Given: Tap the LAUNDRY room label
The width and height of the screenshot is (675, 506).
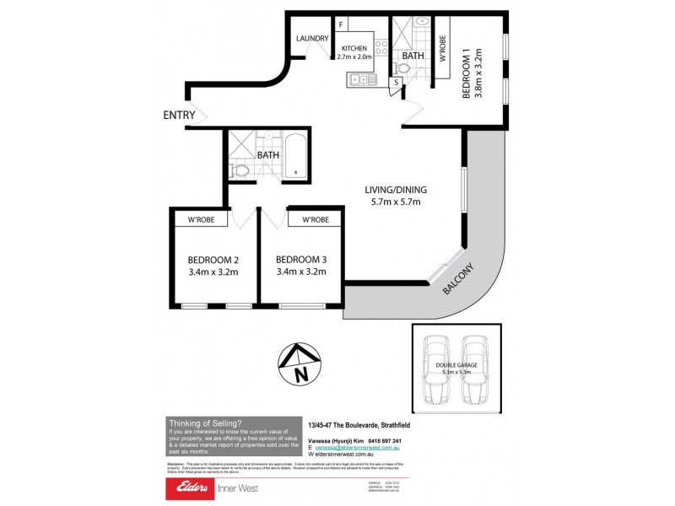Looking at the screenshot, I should click(311, 38).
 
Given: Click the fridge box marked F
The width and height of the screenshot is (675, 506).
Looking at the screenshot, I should click(341, 25).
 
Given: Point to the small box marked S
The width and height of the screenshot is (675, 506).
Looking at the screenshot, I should click(395, 83).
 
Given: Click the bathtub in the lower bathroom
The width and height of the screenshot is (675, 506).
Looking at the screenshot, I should click(294, 157).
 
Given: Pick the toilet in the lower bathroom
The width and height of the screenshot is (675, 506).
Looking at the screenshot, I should click(240, 171).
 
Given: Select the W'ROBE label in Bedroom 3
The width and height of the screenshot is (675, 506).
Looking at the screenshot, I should click(314, 219).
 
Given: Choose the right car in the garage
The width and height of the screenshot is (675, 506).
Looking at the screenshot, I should click(476, 371).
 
